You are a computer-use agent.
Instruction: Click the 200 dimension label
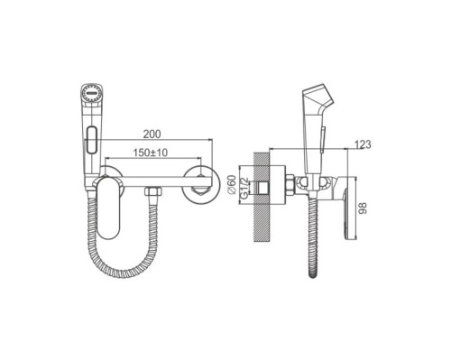(152, 134)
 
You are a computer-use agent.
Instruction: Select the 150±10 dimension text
(151, 153)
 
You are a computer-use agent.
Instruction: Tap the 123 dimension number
(363, 144)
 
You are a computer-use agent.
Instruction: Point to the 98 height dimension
(364, 208)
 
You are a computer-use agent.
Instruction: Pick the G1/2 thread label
(244, 188)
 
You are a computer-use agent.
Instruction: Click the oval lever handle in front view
(108, 208)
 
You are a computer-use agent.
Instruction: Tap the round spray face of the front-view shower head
(92, 93)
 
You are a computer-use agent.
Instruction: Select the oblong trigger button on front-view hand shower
(91, 139)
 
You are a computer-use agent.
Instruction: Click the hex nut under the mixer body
(153, 191)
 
